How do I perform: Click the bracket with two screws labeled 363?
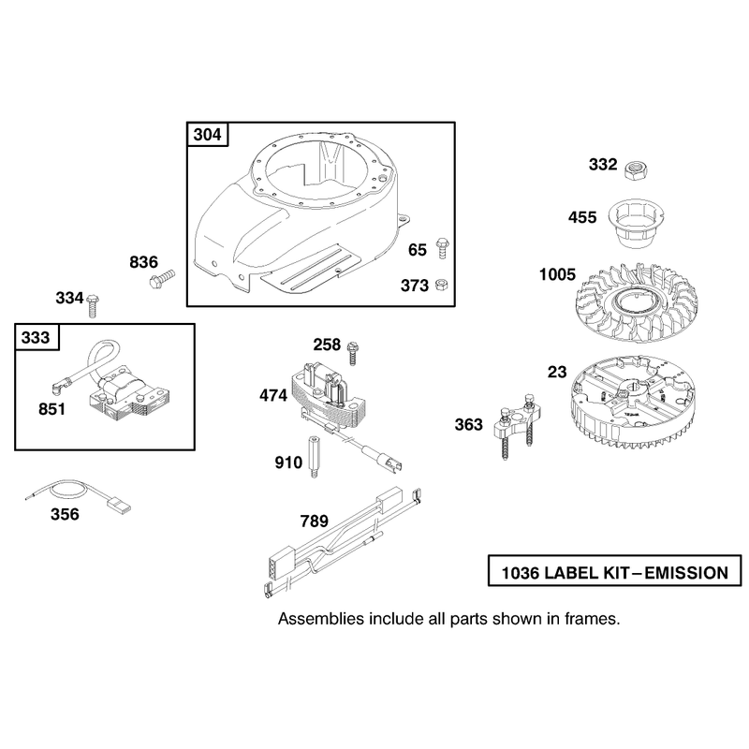[x=517, y=424]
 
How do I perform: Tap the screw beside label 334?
[x=92, y=306]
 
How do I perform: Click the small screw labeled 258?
[x=353, y=354]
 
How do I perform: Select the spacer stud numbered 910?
[x=314, y=457]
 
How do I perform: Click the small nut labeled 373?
[x=441, y=286]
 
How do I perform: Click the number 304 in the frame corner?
[x=207, y=135]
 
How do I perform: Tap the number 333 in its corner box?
[x=36, y=337]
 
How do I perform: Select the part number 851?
[x=52, y=409]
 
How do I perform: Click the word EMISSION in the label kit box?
[x=686, y=573]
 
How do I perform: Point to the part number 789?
[x=315, y=521]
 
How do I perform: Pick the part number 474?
[x=273, y=395]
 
